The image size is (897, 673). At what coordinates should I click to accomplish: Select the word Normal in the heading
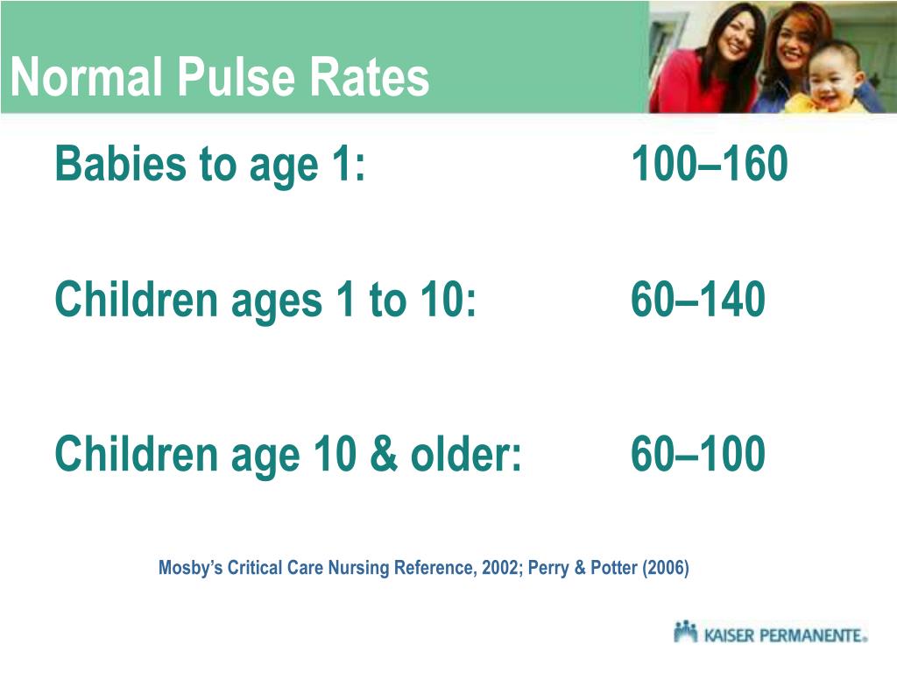click(87, 78)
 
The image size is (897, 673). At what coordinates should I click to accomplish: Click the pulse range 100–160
click(709, 164)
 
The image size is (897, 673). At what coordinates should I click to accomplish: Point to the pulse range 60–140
click(697, 300)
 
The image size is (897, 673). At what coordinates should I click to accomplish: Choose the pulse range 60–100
click(697, 454)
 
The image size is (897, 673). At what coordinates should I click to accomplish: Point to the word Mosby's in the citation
click(190, 568)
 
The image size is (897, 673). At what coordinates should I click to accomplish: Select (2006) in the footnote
click(666, 568)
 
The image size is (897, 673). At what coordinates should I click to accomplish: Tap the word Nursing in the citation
click(358, 568)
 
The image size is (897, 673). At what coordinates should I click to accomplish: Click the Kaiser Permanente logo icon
click(686, 632)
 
